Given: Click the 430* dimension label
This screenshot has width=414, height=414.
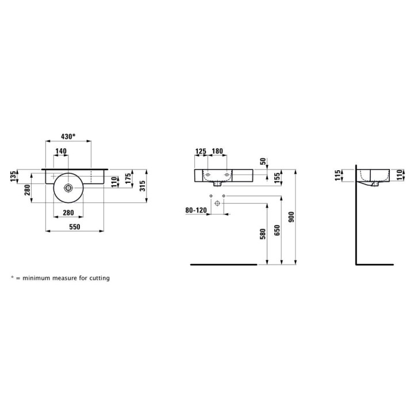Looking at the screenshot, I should pyautogui.click(x=68, y=137).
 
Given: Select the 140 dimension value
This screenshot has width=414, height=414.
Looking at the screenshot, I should pyautogui.click(x=60, y=151).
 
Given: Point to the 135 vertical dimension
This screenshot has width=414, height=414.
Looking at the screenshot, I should pyautogui.click(x=13, y=177).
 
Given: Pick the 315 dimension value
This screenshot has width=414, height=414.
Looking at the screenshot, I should pyautogui.click(x=141, y=186).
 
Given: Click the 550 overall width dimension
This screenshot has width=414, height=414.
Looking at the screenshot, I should pyautogui.click(x=74, y=227).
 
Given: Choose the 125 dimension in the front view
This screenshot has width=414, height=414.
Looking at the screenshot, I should pyautogui.click(x=201, y=151).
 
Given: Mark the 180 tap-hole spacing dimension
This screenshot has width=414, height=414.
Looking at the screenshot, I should pyautogui.click(x=218, y=151).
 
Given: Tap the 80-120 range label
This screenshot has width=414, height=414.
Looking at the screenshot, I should pyautogui.click(x=196, y=210).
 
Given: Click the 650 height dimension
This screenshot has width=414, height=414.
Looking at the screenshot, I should pyautogui.click(x=277, y=230).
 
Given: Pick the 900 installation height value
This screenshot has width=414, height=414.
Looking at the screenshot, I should pyautogui.click(x=291, y=217).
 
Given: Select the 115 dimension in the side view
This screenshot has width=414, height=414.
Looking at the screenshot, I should pyautogui.click(x=338, y=175).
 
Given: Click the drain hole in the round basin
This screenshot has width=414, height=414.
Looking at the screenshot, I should pyautogui.click(x=69, y=187).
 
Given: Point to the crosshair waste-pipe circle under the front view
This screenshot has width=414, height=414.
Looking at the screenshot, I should pyautogui.click(x=217, y=204).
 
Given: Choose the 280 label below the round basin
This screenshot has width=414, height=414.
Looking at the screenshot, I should pyautogui.click(x=68, y=213).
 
